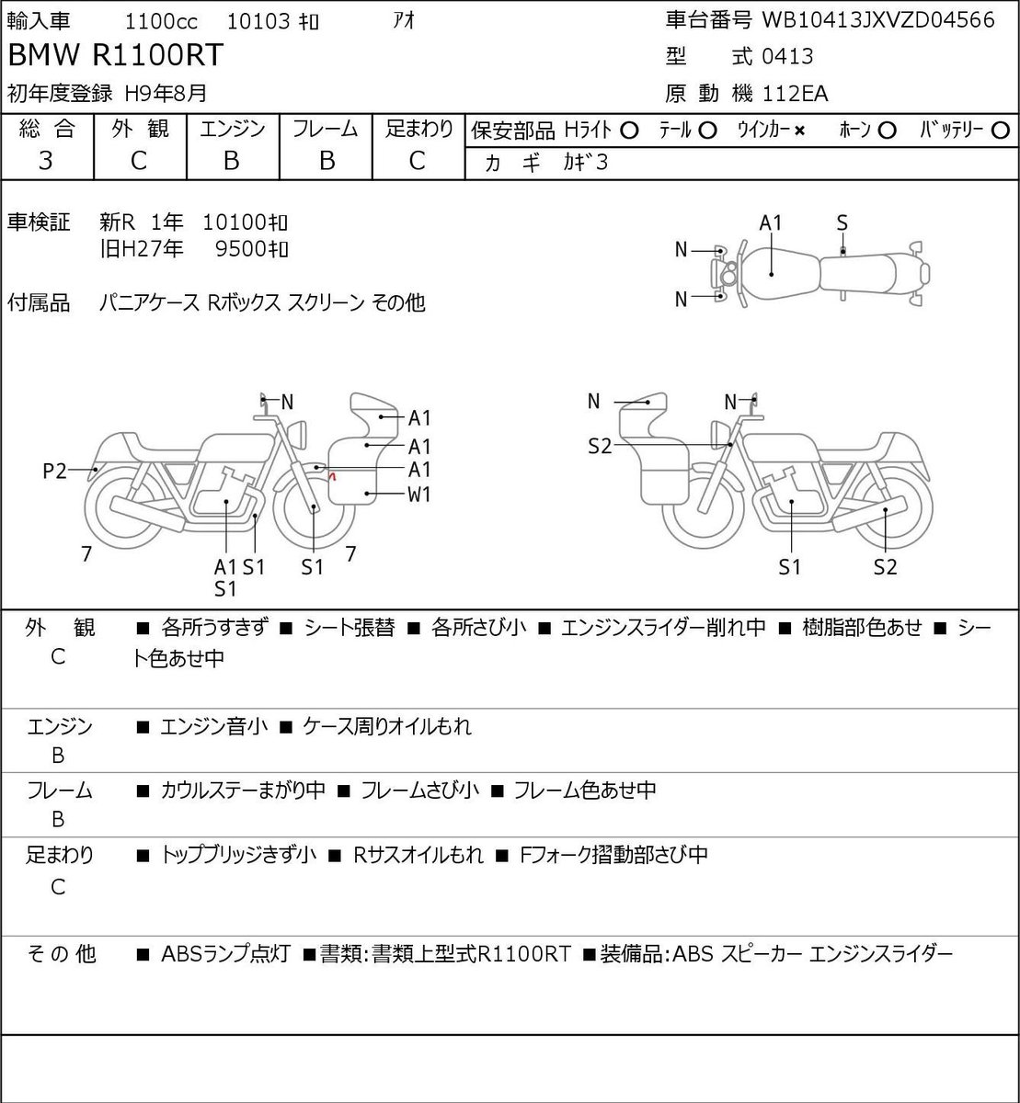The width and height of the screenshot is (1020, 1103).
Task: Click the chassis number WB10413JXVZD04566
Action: [x=877, y=20]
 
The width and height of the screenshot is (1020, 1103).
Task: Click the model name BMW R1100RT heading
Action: [x=116, y=55]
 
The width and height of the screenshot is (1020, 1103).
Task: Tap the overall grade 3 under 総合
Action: [x=46, y=161]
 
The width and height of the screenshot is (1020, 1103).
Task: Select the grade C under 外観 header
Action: [x=138, y=161]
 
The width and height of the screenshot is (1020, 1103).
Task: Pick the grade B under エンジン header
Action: [x=231, y=161]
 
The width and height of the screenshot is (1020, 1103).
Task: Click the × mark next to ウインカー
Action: [x=799, y=131]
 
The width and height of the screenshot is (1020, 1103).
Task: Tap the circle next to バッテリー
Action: [x=1000, y=131]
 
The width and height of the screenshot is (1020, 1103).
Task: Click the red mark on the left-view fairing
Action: [x=332, y=476]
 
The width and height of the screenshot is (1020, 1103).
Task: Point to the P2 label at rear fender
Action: [x=54, y=471]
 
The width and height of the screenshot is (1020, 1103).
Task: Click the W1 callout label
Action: [x=419, y=495]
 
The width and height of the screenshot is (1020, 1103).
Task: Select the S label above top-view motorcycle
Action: [x=842, y=223]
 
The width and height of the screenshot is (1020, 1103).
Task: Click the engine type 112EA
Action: [x=796, y=94]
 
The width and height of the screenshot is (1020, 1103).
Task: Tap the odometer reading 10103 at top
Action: [x=258, y=22]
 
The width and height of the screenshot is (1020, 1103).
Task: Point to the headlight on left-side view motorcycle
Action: [x=297, y=435]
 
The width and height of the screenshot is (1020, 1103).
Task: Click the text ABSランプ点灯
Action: [x=225, y=953]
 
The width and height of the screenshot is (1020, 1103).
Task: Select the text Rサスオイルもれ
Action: [x=418, y=855]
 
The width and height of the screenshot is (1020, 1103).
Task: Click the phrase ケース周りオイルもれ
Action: [x=387, y=726]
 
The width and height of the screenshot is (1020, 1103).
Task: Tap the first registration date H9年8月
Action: [x=166, y=94]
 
